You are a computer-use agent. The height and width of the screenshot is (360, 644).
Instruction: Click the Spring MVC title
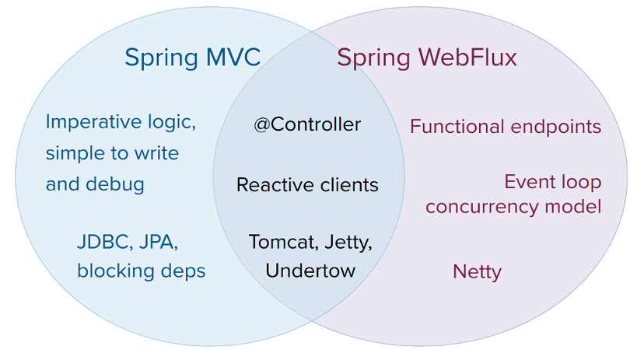tap(192, 58)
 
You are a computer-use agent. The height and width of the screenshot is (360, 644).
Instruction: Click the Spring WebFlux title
tap(427, 58)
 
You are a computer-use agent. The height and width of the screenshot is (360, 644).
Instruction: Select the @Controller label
tap(307, 124)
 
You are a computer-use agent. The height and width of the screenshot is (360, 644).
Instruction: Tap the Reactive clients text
tap(307, 185)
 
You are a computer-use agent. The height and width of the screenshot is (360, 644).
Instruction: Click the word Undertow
tap(310, 271)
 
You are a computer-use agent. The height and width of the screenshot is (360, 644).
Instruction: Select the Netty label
tap(477, 271)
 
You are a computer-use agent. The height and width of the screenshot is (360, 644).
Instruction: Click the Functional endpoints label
tap(506, 127)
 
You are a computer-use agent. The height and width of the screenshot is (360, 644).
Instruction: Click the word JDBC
tap(102, 242)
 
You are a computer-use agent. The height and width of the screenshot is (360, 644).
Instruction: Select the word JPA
tap(158, 242)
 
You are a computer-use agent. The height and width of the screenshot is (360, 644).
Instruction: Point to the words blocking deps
tap(141, 271)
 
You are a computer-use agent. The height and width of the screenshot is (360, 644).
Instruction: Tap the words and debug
tap(95, 184)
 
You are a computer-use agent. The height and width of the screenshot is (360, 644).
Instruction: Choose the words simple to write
tap(112, 153)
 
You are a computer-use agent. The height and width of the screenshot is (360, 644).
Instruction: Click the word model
tap(576, 207)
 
